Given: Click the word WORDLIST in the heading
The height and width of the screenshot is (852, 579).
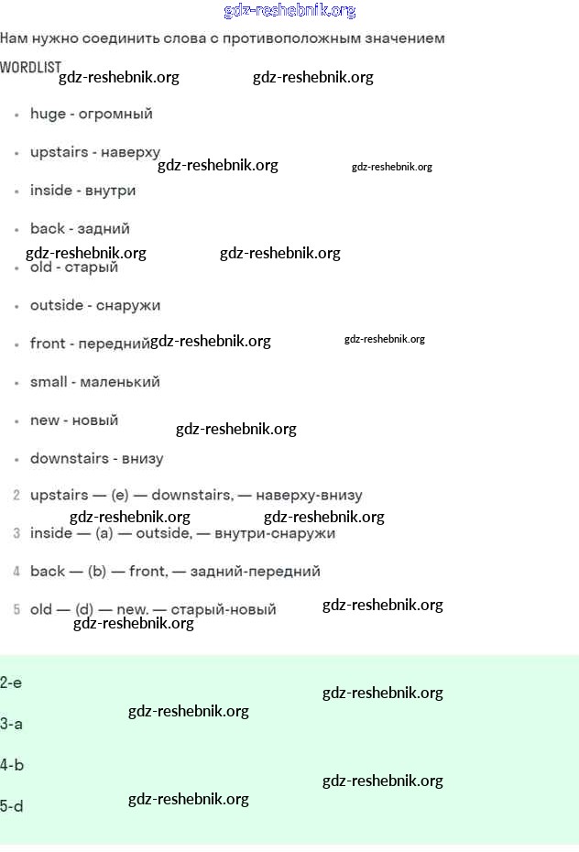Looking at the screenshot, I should tap(30, 68).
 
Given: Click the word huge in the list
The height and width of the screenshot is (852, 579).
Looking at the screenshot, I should tap(48, 115).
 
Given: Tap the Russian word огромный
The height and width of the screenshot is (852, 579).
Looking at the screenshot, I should tap(116, 115).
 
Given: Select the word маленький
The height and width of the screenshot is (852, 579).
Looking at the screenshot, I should tap(120, 382).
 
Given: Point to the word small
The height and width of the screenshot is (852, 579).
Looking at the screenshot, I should tap(49, 382).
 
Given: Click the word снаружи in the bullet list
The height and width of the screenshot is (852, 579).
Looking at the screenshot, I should tap(128, 305).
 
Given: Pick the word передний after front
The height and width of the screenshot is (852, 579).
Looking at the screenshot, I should tap(115, 344).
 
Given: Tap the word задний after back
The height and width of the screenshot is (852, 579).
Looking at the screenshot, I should tap(104, 229).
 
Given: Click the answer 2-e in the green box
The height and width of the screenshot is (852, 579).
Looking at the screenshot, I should tap(11, 683).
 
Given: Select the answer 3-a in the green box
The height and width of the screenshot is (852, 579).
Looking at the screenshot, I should tap(11, 724).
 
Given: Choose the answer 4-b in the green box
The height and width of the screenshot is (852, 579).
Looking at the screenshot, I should tap(12, 765).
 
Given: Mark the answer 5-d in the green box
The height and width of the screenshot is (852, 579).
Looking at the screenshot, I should tap(12, 806).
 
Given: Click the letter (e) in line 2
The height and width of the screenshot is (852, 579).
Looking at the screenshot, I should tap(120, 496).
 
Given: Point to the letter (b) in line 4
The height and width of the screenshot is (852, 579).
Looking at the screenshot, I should tap(97, 572).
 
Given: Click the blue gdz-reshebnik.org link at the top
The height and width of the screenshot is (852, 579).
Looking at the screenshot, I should tap(289, 11).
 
